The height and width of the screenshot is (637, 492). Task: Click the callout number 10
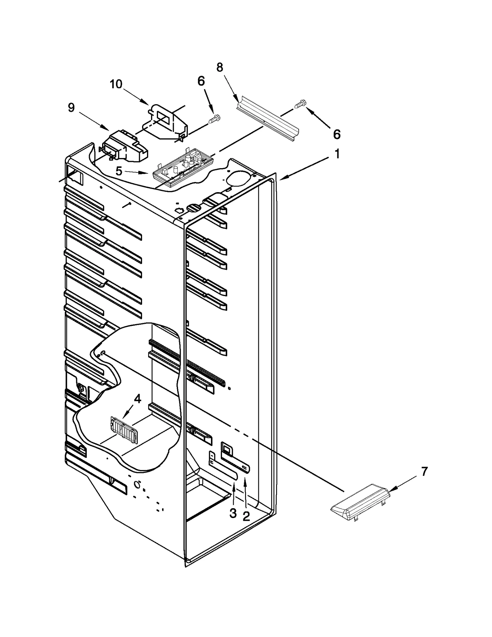click(x=116, y=84)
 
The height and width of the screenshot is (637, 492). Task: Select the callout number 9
click(x=71, y=108)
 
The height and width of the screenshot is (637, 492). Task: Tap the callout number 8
click(x=220, y=68)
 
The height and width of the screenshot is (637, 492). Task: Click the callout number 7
click(x=424, y=471)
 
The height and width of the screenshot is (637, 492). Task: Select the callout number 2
click(x=246, y=516)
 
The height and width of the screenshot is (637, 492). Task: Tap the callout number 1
click(x=337, y=154)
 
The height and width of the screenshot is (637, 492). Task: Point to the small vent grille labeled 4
click(x=123, y=430)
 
